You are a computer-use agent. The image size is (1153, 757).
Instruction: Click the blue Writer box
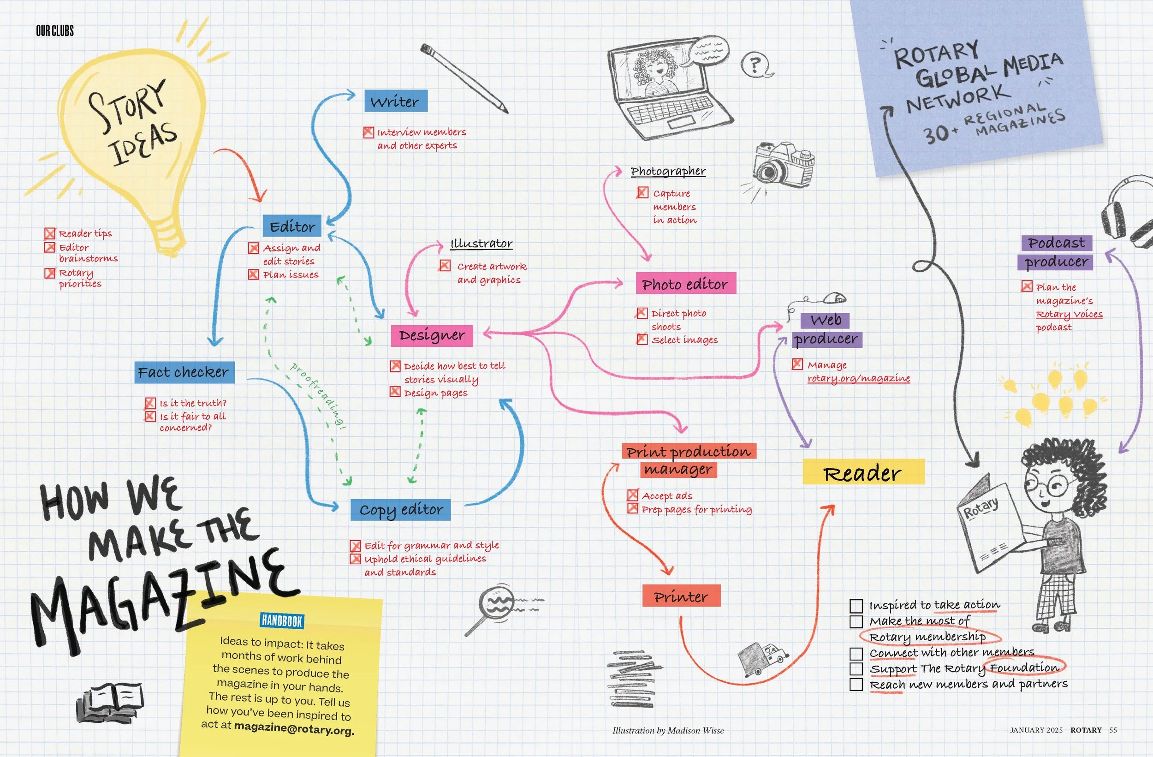point(395,101)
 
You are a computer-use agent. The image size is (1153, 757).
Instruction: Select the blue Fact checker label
point(184,372)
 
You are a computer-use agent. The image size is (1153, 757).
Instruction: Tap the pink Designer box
point(432,335)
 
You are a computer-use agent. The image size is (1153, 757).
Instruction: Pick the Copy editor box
point(401,509)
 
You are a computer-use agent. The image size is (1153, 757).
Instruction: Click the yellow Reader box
point(863,472)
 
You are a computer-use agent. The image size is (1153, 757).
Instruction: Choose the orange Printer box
point(681,596)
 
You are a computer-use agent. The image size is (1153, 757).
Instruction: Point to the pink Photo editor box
point(685,284)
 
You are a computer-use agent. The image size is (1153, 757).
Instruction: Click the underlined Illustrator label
point(481,243)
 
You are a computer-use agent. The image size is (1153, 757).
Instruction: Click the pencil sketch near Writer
point(464,78)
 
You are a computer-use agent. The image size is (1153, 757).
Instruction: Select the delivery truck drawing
point(761,658)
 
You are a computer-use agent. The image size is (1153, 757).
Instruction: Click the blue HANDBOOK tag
point(281,621)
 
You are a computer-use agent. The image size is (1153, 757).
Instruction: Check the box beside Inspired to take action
point(856,606)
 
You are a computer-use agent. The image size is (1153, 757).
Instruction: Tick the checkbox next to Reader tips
point(50,233)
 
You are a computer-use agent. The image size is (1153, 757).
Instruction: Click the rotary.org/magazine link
point(858,378)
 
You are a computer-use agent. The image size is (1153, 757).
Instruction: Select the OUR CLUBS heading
point(55,31)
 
